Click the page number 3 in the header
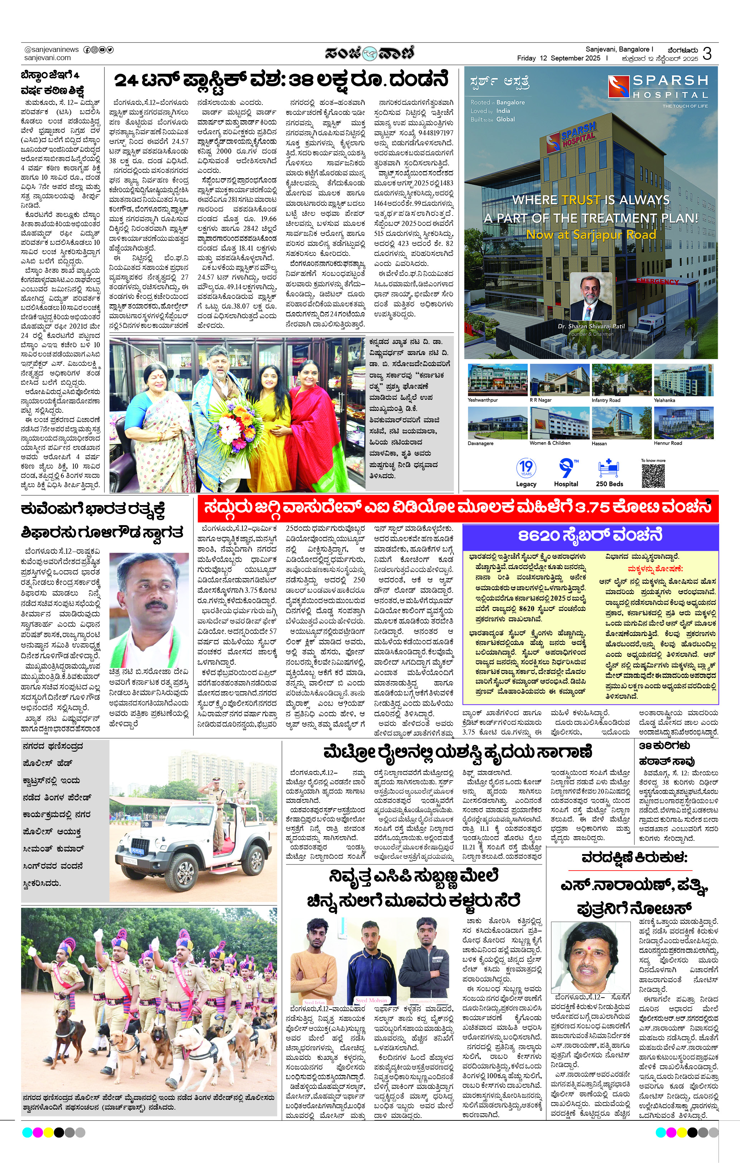click(707, 53)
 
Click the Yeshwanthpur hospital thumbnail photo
click(497, 380)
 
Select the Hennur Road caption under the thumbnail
click(668, 443)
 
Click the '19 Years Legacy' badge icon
click(526, 468)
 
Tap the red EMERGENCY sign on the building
click(657, 281)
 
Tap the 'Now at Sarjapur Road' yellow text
click(591, 235)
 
